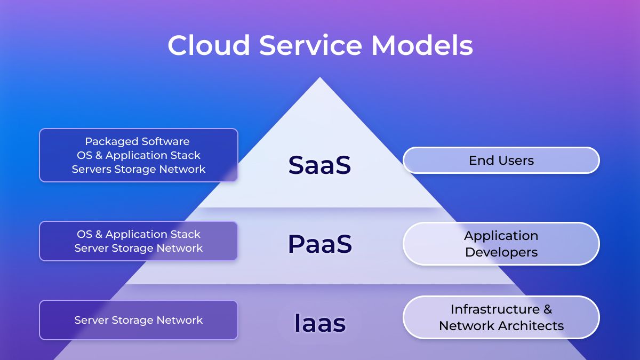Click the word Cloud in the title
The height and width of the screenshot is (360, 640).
point(209,45)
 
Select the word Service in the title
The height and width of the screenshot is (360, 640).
point(310,45)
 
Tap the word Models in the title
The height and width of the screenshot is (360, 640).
point(422,45)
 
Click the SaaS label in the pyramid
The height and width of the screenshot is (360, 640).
point(319,165)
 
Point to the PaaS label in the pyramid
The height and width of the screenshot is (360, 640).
point(320,244)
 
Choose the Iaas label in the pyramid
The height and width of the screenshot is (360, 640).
point(320,323)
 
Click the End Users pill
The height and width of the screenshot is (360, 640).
point(501,161)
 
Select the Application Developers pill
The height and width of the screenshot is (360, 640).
point(501,244)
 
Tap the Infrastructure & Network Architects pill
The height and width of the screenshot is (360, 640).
point(501,317)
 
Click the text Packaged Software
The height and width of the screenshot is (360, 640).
point(137,141)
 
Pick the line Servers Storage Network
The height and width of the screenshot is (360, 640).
point(139,169)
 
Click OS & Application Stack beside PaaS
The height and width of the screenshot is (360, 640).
point(139,234)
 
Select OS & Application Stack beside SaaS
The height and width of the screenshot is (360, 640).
point(139,155)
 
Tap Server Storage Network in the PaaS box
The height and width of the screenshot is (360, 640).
point(139,248)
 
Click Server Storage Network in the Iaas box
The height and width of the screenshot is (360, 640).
point(139,320)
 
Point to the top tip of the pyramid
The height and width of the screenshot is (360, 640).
point(319,77)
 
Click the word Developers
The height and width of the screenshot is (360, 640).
point(501,252)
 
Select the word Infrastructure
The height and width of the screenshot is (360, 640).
point(495,309)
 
